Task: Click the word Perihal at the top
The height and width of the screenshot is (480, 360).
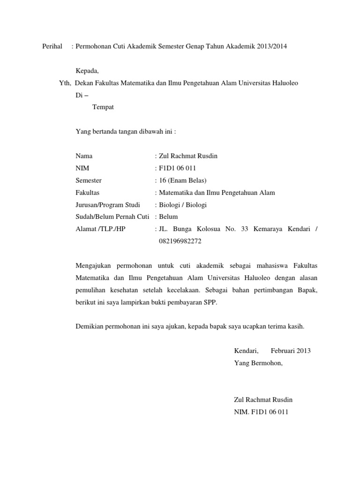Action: (x=52, y=46)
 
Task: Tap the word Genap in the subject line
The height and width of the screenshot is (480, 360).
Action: (x=183, y=46)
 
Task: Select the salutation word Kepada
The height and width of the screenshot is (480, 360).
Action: (x=87, y=71)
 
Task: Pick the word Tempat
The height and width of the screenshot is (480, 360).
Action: (x=103, y=107)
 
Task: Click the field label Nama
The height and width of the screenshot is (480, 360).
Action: (x=84, y=156)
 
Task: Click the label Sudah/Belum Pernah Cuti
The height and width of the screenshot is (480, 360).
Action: (x=112, y=217)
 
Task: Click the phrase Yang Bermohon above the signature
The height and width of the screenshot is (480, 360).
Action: (x=258, y=363)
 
